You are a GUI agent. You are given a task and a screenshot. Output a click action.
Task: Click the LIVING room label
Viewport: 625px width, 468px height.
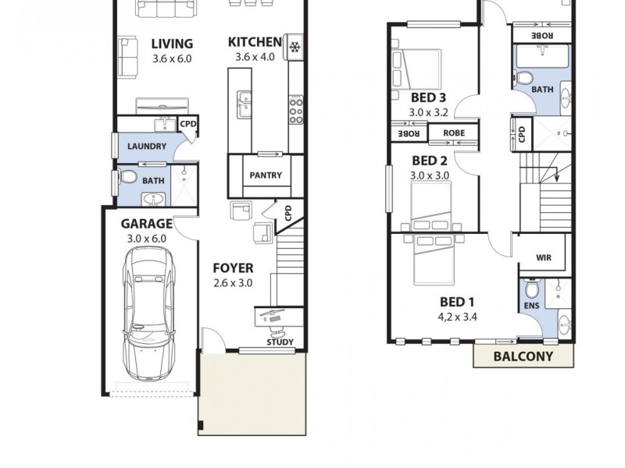[172, 44]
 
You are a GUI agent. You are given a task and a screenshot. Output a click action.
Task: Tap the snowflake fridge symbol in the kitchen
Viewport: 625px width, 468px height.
[295, 48]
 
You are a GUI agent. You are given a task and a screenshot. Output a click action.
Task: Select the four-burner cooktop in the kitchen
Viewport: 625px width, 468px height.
[296, 110]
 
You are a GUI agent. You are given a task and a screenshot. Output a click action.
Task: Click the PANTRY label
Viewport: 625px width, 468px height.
[266, 175]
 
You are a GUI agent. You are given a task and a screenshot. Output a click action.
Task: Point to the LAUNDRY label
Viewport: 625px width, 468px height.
[147, 146]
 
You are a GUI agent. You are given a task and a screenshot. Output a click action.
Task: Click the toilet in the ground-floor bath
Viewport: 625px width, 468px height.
[129, 179]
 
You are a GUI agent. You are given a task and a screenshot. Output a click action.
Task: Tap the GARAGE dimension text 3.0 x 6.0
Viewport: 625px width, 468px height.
[147, 239]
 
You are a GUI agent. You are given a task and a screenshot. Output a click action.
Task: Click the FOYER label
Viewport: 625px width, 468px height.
[233, 268]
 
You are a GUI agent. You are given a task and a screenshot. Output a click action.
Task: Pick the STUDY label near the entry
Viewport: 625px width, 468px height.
[280, 342]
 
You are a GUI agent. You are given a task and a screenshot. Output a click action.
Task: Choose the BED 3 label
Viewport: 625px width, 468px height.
[428, 97]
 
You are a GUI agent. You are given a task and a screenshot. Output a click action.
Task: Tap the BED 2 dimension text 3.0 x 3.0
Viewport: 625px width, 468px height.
[429, 175]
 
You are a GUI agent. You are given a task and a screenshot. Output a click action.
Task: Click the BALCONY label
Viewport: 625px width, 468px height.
[523, 356]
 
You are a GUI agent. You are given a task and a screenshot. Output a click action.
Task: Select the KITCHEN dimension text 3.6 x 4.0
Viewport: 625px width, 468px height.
[255, 58]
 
